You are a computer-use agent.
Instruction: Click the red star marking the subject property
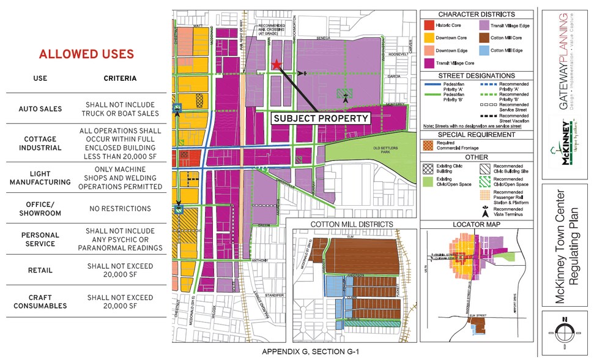pyautogui.click(x=277, y=64)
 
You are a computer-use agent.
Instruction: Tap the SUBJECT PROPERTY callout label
pyautogui.click(x=321, y=118)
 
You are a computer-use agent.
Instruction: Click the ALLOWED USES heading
pyautogui.click(x=86, y=54)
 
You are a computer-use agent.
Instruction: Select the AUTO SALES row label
pyautogui.click(x=40, y=109)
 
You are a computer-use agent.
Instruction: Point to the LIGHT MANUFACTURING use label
pyautogui.click(x=40, y=178)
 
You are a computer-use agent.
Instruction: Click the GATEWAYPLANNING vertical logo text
pyautogui.click(x=563, y=61)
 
